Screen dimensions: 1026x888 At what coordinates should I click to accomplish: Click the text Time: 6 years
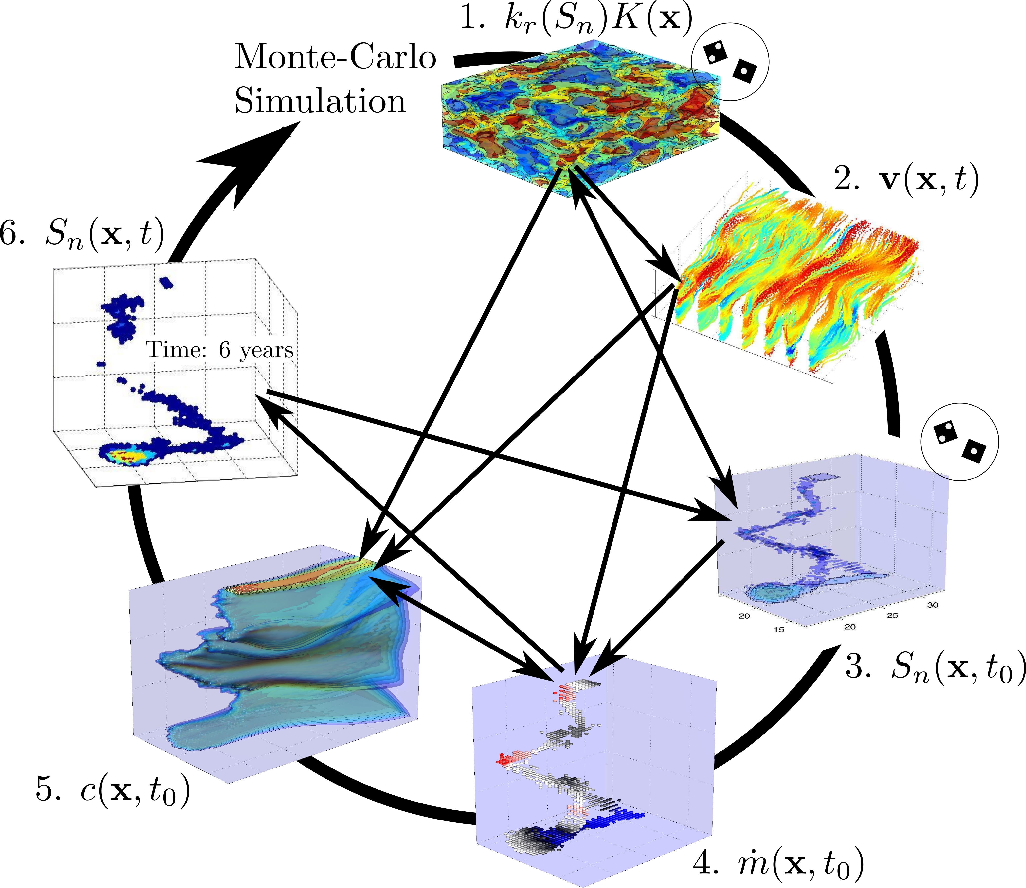click(x=220, y=350)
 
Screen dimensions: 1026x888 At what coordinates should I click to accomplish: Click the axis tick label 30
click(x=932, y=605)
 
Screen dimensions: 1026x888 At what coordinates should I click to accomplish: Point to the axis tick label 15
click(x=778, y=629)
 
